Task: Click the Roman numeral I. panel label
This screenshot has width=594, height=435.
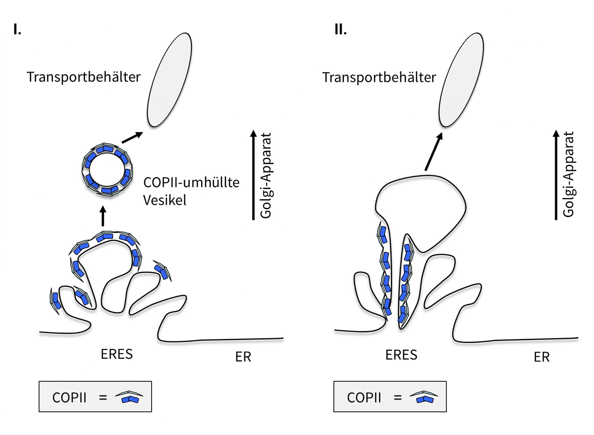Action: (17, 29)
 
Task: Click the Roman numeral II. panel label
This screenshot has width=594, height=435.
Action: (340, 29)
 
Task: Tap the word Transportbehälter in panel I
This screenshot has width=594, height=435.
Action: (84, 77)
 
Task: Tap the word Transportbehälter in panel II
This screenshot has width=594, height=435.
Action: (379, 77)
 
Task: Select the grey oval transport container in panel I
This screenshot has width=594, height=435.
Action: (169, 80)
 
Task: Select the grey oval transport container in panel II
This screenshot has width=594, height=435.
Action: (461, 80)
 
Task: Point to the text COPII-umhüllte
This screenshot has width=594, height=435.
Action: (191, 182)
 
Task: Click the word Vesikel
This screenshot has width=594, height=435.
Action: (165, 200)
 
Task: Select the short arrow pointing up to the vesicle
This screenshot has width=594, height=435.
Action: (103, 216)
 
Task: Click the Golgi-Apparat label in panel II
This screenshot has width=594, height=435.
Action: (568, 174)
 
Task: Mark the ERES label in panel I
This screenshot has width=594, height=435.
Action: (116, 354)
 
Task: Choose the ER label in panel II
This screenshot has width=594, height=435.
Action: (542, 357)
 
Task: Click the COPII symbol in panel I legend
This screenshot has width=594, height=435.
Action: (129, 397)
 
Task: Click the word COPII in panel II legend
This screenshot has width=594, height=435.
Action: (364, 398)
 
